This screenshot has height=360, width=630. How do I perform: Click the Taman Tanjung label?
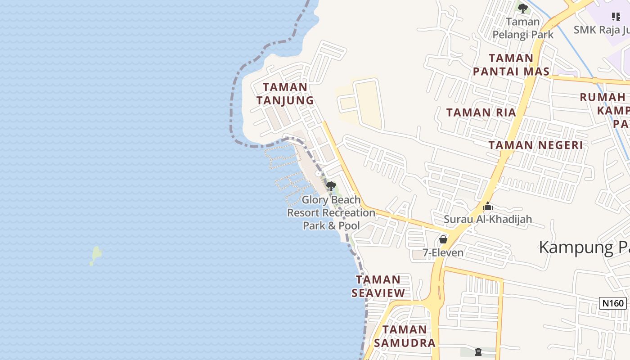285,94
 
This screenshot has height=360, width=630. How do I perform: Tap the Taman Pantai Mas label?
511,65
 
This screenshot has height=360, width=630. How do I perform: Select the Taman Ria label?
481,112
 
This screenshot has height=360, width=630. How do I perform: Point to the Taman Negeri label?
535,145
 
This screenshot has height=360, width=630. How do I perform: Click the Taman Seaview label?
378,286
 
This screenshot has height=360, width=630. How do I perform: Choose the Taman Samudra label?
405,336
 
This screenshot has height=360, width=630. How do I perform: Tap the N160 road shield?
613,303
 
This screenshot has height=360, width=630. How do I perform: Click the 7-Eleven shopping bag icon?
443,239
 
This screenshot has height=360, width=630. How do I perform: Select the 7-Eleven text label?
443,252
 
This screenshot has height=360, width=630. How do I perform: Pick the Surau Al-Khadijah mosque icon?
488,207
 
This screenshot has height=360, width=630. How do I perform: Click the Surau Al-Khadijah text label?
488,219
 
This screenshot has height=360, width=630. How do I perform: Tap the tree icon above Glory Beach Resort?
331,186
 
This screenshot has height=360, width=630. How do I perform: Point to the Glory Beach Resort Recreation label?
331,212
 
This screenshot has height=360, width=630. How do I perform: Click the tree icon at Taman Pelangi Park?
522,8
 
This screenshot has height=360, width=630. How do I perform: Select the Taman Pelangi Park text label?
522,28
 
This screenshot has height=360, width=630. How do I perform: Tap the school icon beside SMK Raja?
616,17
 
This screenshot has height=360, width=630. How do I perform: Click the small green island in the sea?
95,255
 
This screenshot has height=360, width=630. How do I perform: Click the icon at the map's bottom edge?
478,352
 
